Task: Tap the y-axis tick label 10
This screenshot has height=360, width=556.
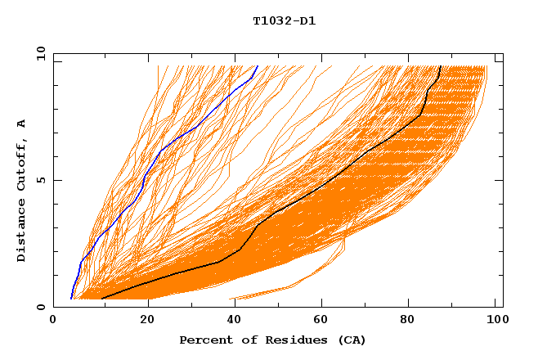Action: (40, 53)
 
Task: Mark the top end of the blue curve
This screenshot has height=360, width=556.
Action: (258, 66)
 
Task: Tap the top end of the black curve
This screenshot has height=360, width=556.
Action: (441, 66)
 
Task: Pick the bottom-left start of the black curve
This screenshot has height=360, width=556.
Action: (102, 299)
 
